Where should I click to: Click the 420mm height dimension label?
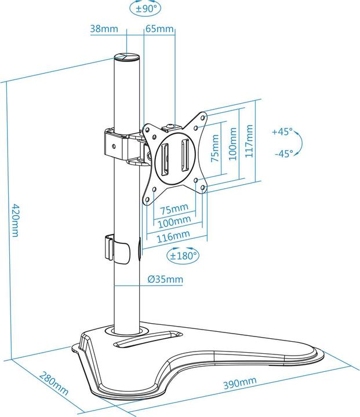[16, 220]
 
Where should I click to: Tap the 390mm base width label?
[239, 383]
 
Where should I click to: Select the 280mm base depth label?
[54, 382]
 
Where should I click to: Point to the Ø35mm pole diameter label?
[165, 279]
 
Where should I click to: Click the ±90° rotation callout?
[146, 8]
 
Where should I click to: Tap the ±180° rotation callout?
[183, 255]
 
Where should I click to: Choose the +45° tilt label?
[282, 131]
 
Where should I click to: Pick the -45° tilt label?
[284, 153]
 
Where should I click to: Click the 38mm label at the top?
[104, 28]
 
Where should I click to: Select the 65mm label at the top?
[159, 28]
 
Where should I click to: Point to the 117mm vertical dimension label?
[249, 141]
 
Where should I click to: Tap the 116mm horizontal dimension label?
[173, 236]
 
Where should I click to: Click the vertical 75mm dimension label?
[214, 148]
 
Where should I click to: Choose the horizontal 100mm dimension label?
[174, 222]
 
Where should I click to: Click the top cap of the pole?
[127, 57]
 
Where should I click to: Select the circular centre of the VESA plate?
[175, 158]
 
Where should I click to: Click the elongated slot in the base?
[147, 339]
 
